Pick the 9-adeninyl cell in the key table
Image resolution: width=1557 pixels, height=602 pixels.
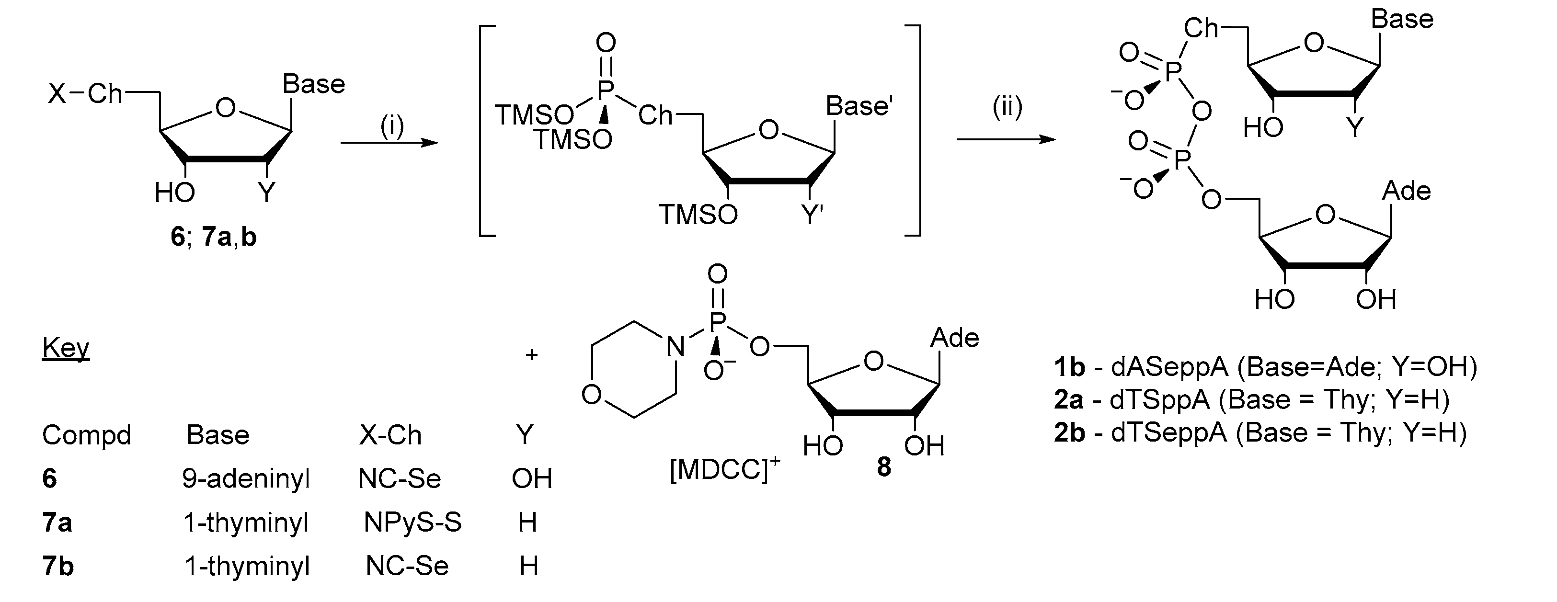[x=245, y=479]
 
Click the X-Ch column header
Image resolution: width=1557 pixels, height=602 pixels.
[x=390, y=435]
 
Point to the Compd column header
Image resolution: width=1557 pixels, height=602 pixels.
[x=86, y=435]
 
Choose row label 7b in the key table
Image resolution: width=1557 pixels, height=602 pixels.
[x=58, y=567]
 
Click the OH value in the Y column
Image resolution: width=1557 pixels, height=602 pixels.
[x=532, y=479]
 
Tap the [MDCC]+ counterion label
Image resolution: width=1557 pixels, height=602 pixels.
[x=724, y=469]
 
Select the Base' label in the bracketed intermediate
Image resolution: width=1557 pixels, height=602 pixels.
[x=859, y=106]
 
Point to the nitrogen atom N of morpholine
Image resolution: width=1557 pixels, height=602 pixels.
[x=675, y=347]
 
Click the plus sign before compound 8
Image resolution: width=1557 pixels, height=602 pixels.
[x=531, y=354]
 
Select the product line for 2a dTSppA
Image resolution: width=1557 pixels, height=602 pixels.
[x=1251, y=399]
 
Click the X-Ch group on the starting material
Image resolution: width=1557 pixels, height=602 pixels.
[x=85, y=94]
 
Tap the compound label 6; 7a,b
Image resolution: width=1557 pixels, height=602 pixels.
[x=213, y=237]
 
